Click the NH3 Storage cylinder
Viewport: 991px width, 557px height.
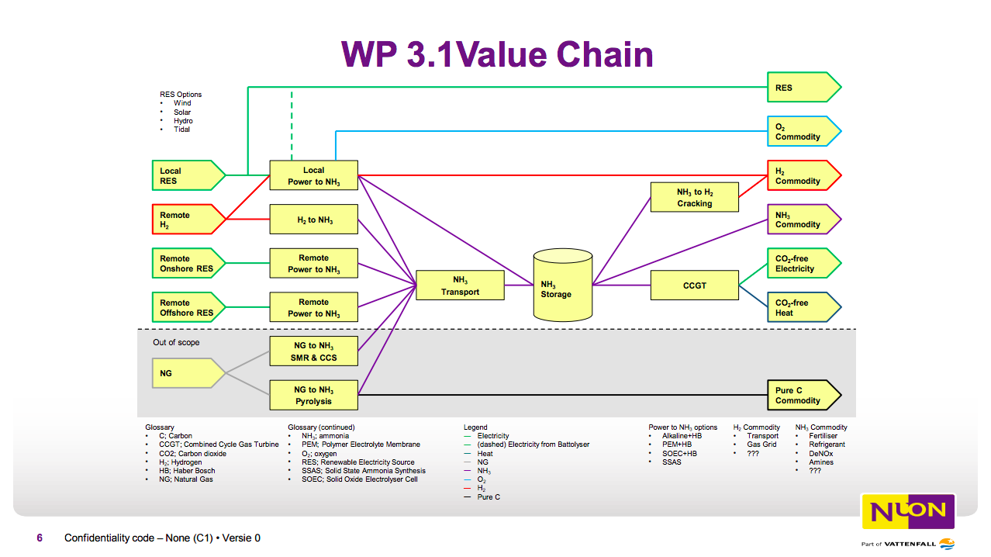[x=562, y=286]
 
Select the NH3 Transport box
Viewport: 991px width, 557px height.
[x=460, y=285]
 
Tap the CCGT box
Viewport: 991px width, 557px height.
[x=694, y=285]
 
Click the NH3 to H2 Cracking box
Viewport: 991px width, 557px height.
[x=694, y=197]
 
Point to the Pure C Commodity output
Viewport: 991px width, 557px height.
[x=801, y=395]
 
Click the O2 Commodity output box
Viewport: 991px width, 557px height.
[x=801, y=131]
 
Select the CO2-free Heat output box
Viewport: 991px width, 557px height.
[x=801, y=307]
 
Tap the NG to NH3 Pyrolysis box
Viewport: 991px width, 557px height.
[x=313, y=395]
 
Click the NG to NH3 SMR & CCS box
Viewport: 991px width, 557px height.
[x=313, y=351]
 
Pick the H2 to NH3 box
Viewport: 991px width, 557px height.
[x=313, y=220]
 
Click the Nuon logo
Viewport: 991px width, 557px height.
[x=908, y=511]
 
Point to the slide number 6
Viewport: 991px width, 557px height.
[x=40, y=538]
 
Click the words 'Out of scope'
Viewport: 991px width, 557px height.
[x=176, y=342]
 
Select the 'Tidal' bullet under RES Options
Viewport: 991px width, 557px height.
[x=181, y=130]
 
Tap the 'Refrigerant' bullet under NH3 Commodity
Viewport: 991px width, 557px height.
[x=827, y=445]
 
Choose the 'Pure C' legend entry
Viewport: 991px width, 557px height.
[x=489, y=496]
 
